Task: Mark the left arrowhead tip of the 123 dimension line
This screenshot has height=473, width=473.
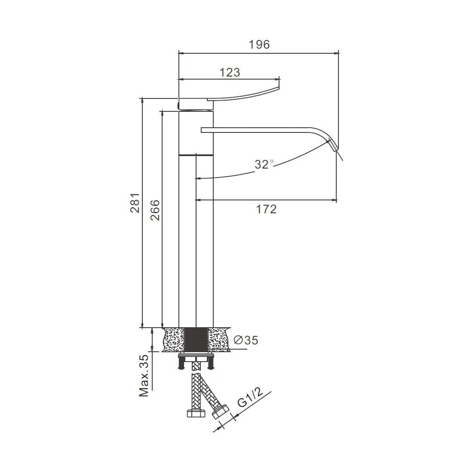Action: click(x=179, y=80)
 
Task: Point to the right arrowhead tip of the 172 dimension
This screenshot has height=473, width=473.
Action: click(x=336, y=200)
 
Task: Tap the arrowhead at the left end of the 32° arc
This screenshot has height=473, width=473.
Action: click(x=196, y=179)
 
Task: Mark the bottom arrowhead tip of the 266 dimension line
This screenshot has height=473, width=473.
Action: click(x=162, y=328)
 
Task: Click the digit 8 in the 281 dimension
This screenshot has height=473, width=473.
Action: click(x=136, y=203)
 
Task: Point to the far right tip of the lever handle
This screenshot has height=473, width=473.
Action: click(x=279, y=88)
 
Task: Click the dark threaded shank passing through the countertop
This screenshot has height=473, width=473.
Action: click(x=196, y=340)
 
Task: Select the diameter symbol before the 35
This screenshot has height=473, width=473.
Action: click(x=238, y=340)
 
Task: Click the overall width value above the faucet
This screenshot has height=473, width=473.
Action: click(x=259, y=45)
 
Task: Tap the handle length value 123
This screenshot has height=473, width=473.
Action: click(x=230, y=72)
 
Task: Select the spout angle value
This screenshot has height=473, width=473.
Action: click(x=264, y=164)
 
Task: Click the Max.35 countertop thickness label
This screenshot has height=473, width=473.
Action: click(x=144, y=375)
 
